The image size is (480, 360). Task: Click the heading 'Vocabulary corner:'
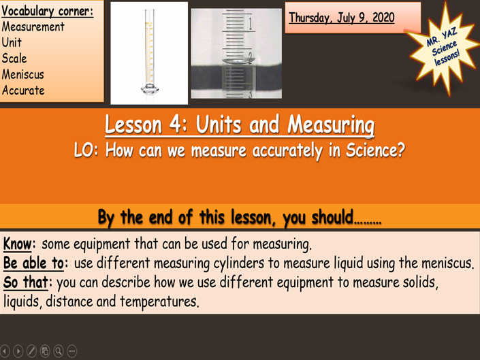pyautogui.click(x=47, y=11)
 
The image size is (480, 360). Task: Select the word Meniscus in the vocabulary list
pyautogui.click(x=23, y=74)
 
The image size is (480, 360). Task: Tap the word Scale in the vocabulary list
pyautogui.click(x=14, y=59)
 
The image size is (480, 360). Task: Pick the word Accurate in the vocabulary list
pyautogui.click(x=23, y=91)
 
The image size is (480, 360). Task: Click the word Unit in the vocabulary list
pyautogui.click(x=12, y=42)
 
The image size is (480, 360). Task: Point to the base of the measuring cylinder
pyautogui.click(x=148, y=88)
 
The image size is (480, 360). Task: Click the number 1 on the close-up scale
pyautogui.click(x=251, y=26)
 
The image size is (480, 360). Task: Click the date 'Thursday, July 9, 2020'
pyautogui.click(x=341, y=18)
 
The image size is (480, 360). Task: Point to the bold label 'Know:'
pyautogui.click(x=20, y=243)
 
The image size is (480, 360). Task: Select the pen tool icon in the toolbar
pyautogui.click(x=31, y=351)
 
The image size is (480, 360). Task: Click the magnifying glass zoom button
pyautogui.click(x=59, y=351)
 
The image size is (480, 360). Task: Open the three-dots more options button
pyautogui.click(x=72, y=351)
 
